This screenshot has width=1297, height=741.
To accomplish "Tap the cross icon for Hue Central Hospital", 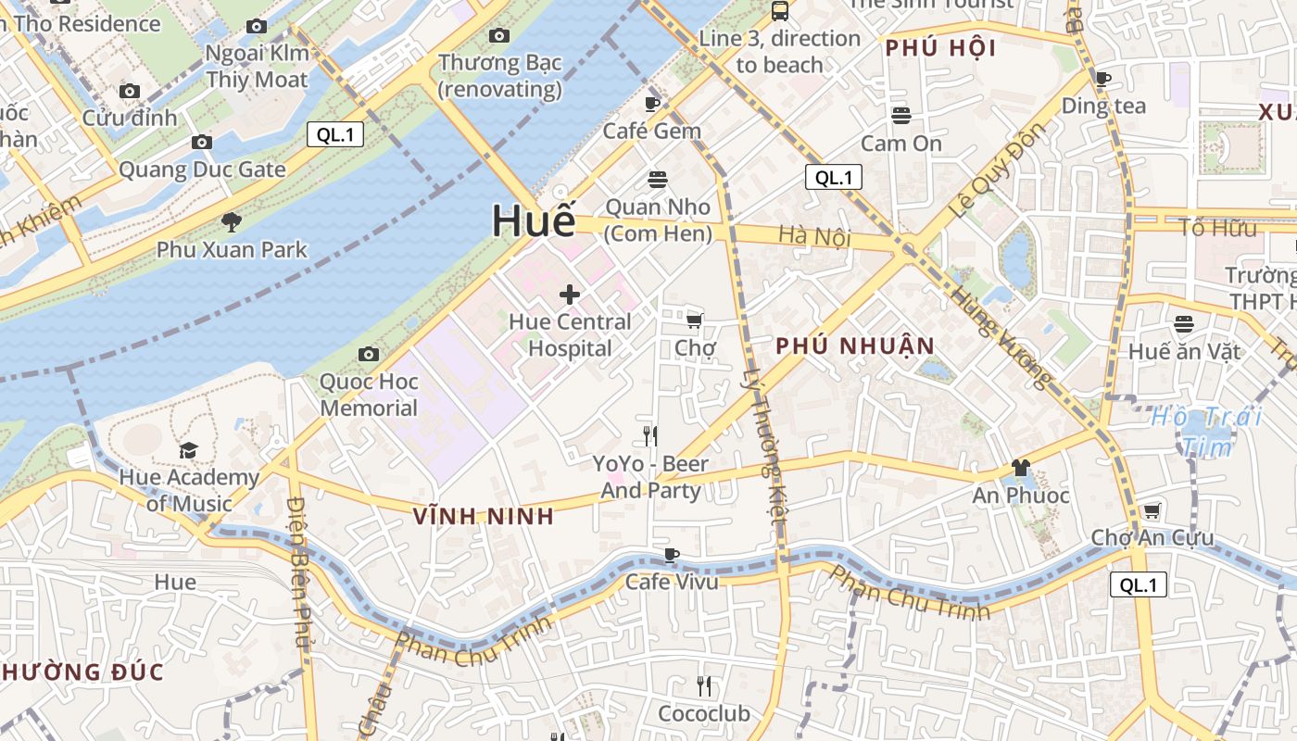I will [569, 295].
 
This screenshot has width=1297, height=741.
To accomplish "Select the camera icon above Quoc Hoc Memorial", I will [369, 354].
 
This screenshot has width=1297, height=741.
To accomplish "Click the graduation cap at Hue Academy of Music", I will [189, 450].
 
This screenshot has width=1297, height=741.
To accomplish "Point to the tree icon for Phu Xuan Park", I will [231, 222].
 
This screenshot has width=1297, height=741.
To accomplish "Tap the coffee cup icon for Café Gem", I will [652, 104].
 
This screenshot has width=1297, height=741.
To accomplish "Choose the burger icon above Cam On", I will [901, 116].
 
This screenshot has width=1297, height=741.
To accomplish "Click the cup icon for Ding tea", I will [1102, 79].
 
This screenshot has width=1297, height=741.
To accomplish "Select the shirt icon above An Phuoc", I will [1021, 468].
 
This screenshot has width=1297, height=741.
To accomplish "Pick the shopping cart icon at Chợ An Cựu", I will [1152, 510].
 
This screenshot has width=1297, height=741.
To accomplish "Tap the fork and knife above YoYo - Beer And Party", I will [650, 435].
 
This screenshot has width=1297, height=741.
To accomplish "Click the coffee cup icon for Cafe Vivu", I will [672, 555].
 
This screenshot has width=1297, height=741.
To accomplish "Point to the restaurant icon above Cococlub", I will [704, 686].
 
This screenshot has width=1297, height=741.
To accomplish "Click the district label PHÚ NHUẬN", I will [855, 346].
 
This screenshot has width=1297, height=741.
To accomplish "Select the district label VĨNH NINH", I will [484, 517].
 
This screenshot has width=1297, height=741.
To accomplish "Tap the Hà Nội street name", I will [814, 236].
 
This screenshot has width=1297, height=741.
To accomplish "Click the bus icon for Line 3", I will [780, 11].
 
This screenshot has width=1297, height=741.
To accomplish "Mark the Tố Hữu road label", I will [1217, 228].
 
